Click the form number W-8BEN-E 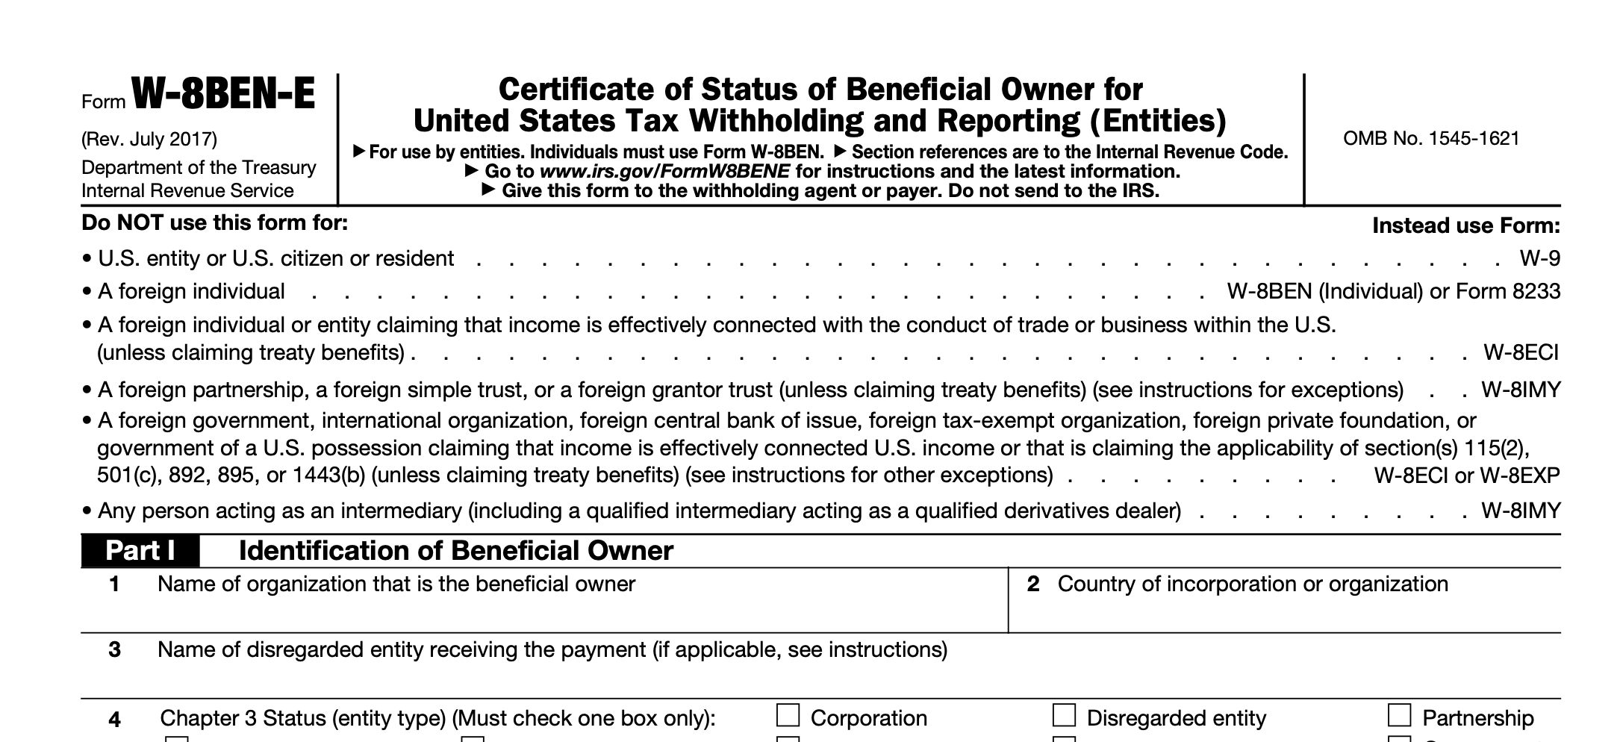222,95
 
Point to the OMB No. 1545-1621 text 1431,139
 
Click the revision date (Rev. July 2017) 149,140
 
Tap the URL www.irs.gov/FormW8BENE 664,172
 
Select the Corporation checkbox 788,716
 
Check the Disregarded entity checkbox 1064,716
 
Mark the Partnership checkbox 1399,716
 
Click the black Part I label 140,551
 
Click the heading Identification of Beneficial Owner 455,551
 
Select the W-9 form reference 1539,259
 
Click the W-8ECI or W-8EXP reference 1466,476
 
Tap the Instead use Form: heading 1465,225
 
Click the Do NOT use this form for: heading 215,223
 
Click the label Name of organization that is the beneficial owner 396,584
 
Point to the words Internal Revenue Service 187,191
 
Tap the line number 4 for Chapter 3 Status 114,720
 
